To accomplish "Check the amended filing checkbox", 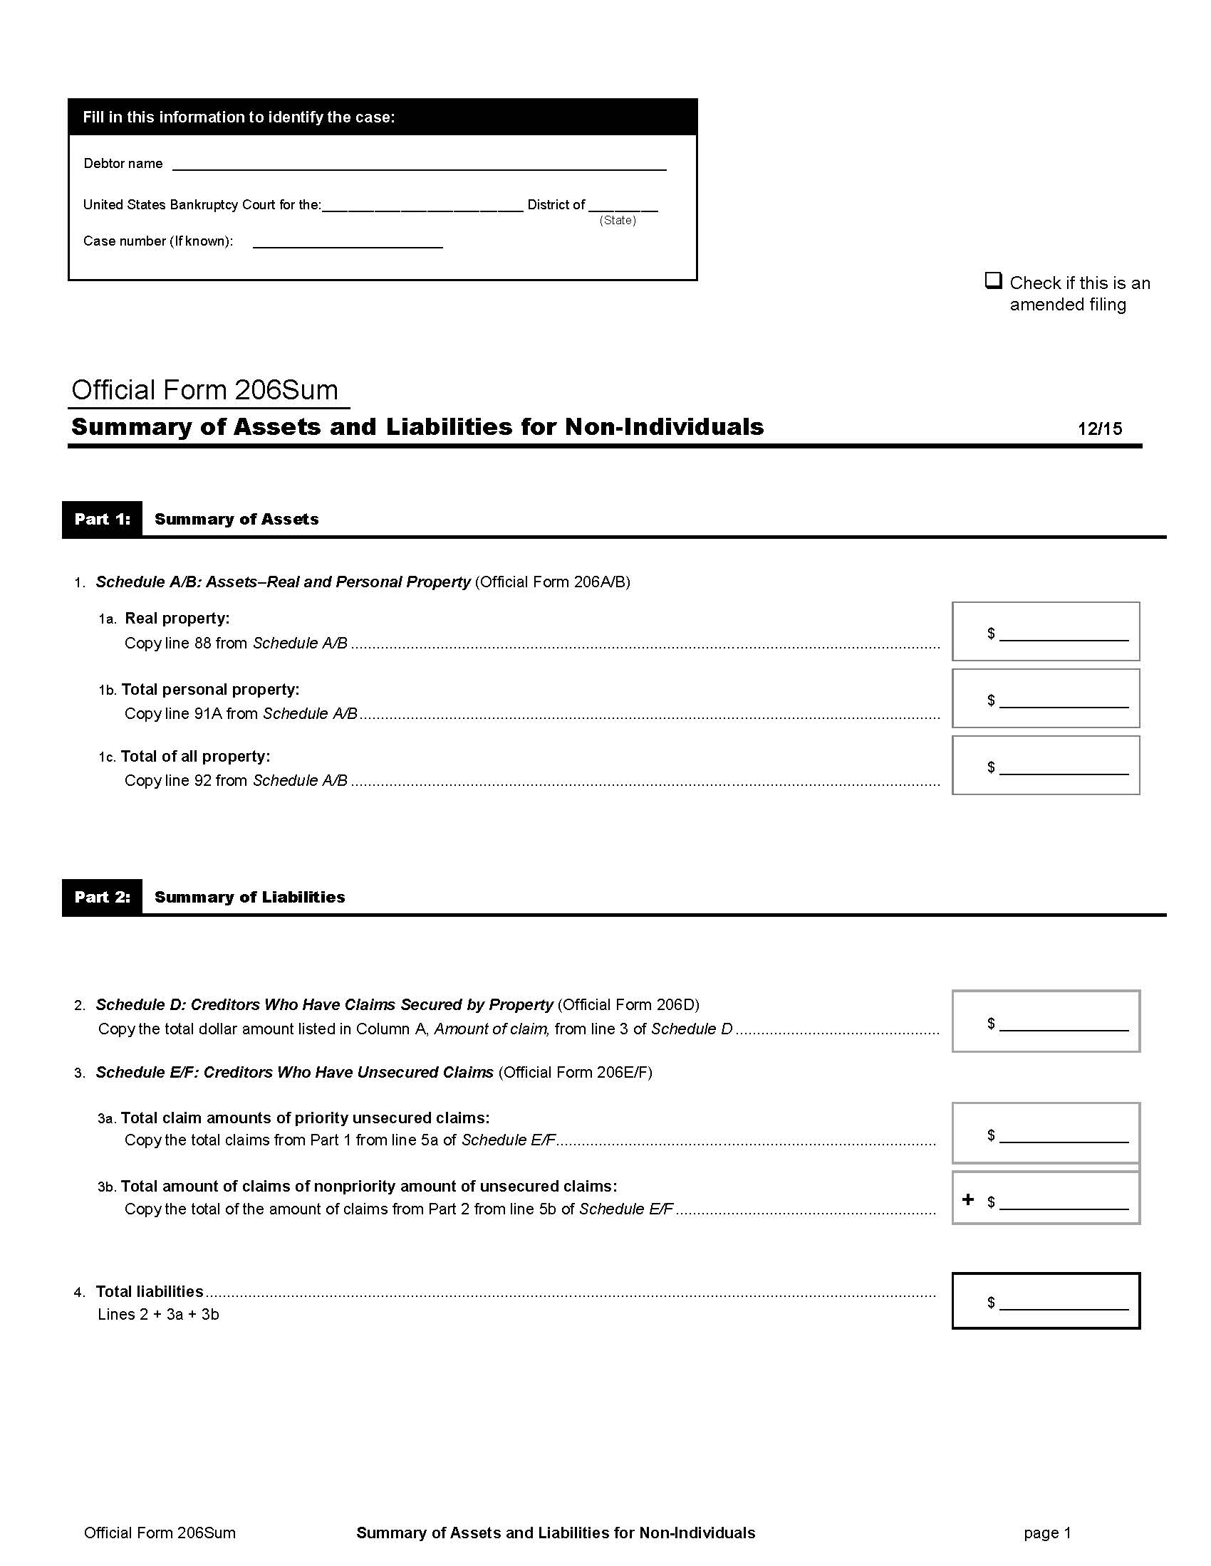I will (x=993, y=280).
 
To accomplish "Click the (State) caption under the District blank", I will (x=618, y=221).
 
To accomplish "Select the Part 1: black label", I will (x=103, y=519).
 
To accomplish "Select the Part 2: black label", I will (x=103, y=897).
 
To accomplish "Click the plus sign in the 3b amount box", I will (x=968, y=1199).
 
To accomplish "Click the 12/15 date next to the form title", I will (x=1099, y=429).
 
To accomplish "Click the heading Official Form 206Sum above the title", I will (x=205, y=390).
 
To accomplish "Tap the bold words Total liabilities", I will (x=150, y=1291).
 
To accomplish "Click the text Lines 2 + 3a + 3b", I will (x=159, y=1314).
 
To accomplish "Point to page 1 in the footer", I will (x=1046, y=1533).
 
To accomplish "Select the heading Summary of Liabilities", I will (x=249, y=897).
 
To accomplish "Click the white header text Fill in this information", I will (x=238, y=117).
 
